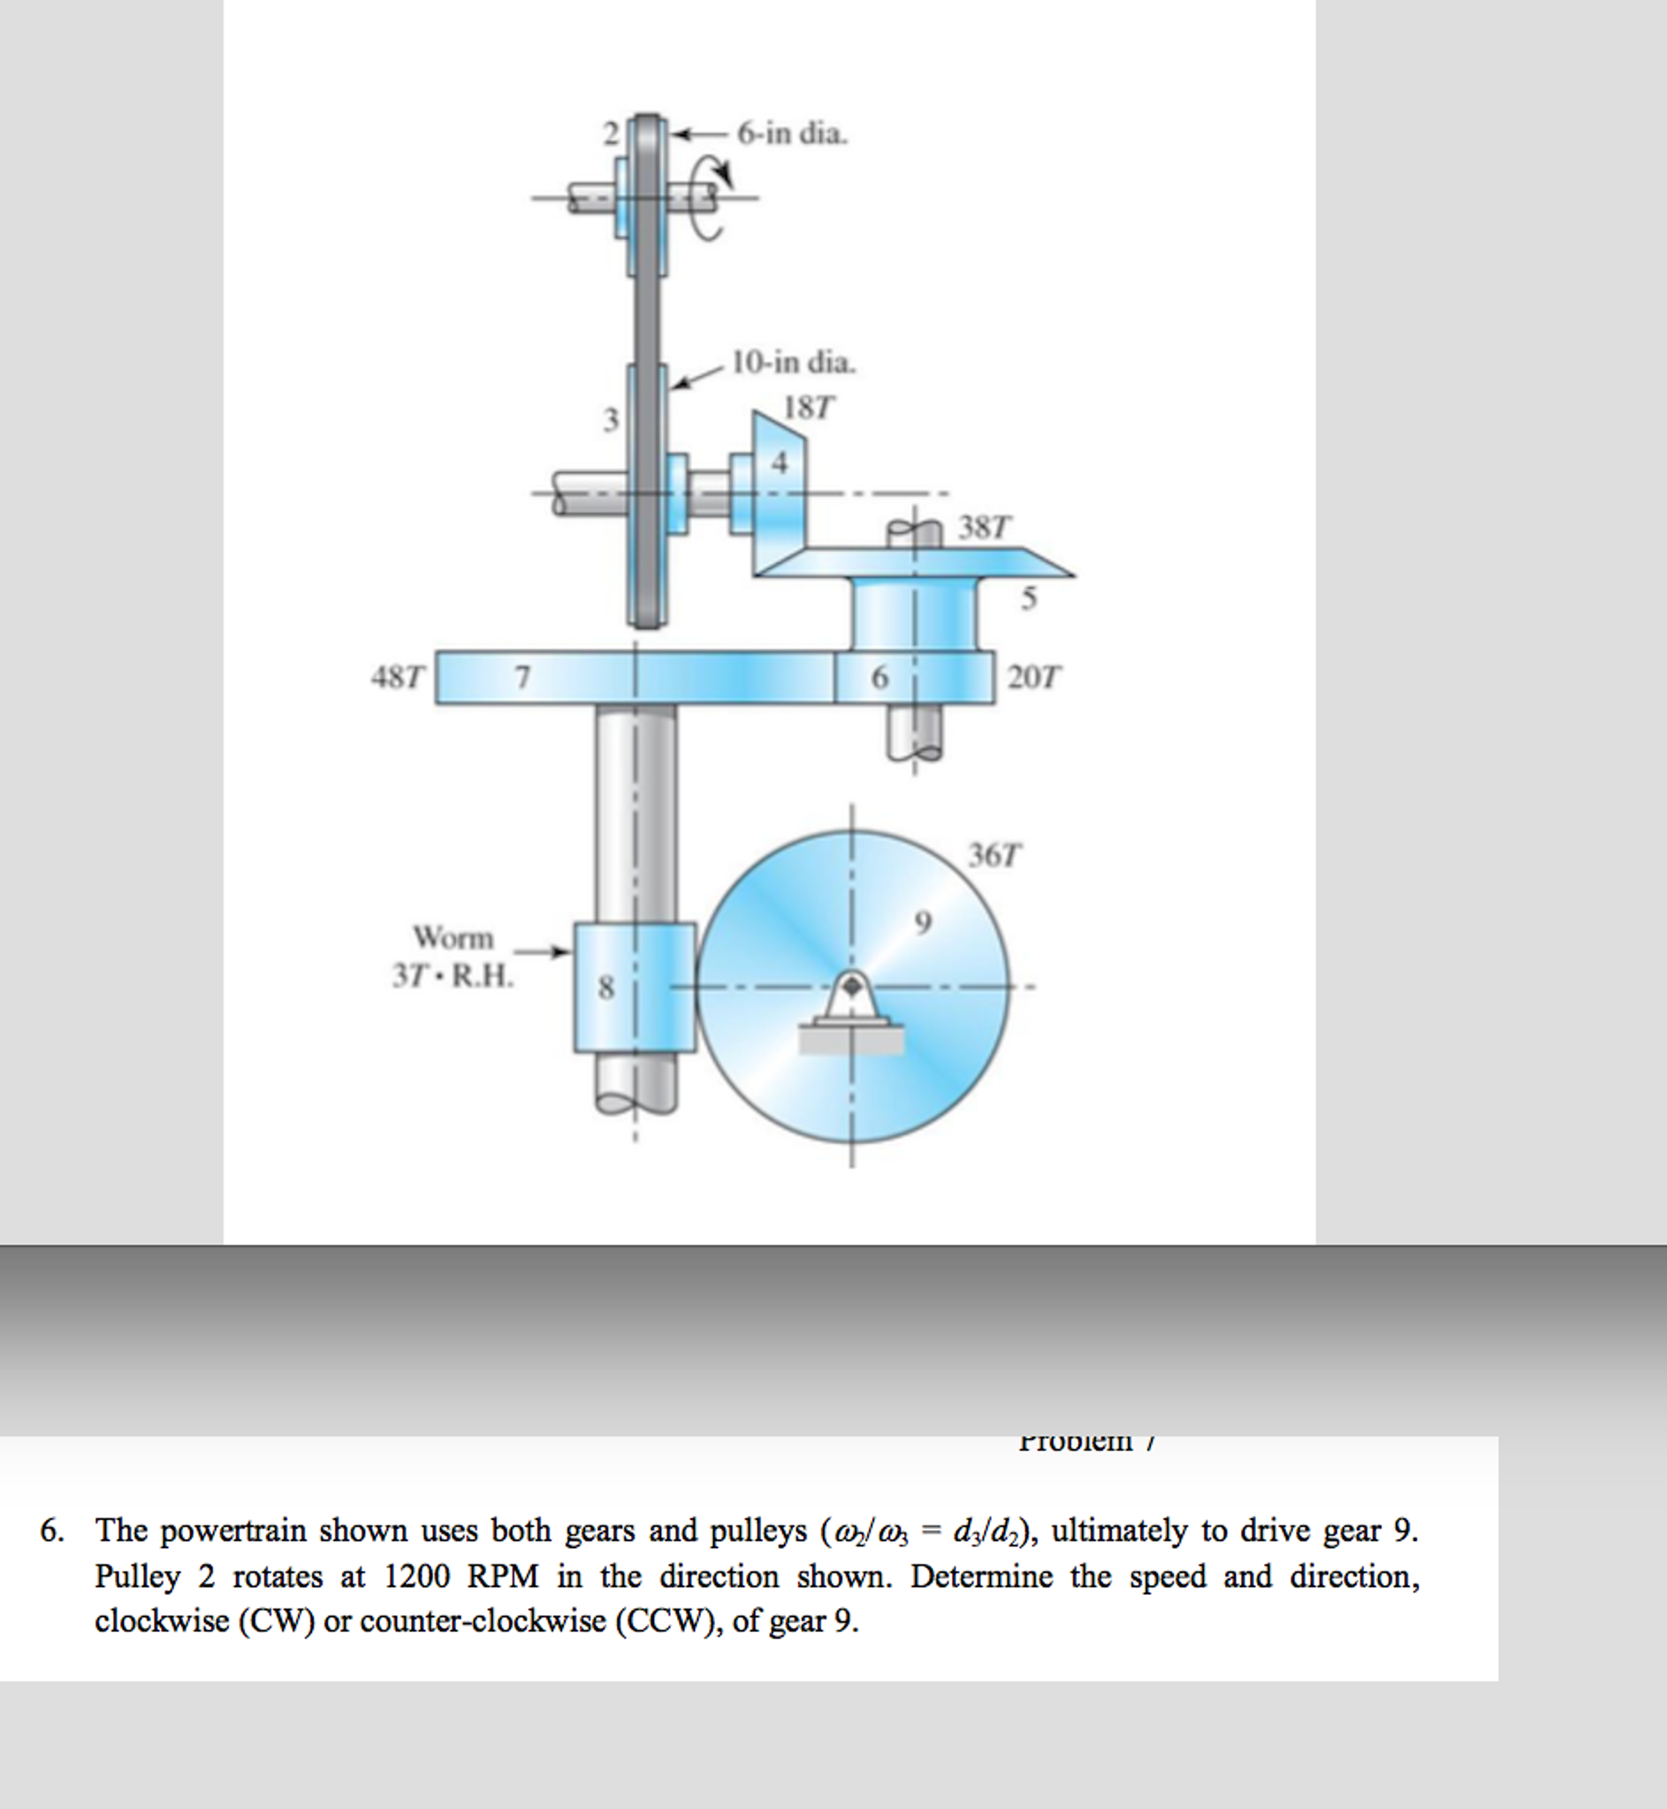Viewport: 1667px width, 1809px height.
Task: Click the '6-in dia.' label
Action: (792, 134)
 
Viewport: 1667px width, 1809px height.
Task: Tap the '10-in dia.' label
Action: (793, 363)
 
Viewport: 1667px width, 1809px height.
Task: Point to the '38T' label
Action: (984, 527)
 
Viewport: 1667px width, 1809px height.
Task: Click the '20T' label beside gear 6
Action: (1034, 676)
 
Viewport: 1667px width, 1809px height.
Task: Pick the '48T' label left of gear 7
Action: (397, 676)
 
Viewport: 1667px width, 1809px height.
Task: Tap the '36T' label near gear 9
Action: (995, 854)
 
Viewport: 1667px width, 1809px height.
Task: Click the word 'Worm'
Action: (453, 938)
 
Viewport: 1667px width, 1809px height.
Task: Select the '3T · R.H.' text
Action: (453, 976)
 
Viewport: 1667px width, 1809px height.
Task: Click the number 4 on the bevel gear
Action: (780, 462)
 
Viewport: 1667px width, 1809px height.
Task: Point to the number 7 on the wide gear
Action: (521, 676)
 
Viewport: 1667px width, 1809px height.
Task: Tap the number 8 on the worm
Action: (606, 988)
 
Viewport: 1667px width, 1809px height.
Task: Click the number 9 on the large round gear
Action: (922, 922)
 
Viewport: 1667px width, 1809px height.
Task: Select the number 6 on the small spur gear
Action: (879, 676)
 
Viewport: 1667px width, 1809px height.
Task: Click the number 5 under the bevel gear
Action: (1028, 599)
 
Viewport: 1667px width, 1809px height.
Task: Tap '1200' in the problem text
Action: (415, 1576)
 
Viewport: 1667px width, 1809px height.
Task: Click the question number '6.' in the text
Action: (52, 1530)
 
